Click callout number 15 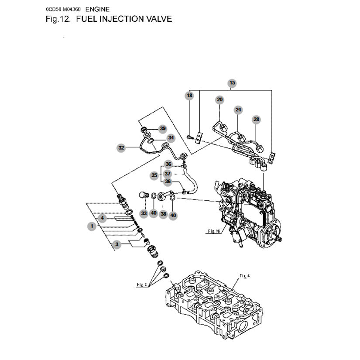[x=232, y=82]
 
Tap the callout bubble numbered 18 [x=189, y=95]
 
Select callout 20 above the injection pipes [x=220, y=100]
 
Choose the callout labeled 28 [x=256, y=119]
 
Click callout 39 [x=163, y=128]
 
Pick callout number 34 [x=171, y=138]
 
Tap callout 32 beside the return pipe [x=121, y=148]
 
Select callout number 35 [x=154, y=175]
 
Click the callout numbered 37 [x=168, y=173]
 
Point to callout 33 [x=144, y=213]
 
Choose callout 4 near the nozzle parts [x=102, y=217]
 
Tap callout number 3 [x=117, y=245]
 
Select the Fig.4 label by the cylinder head [x=244, y=276]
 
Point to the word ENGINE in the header [x=98, y=9]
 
